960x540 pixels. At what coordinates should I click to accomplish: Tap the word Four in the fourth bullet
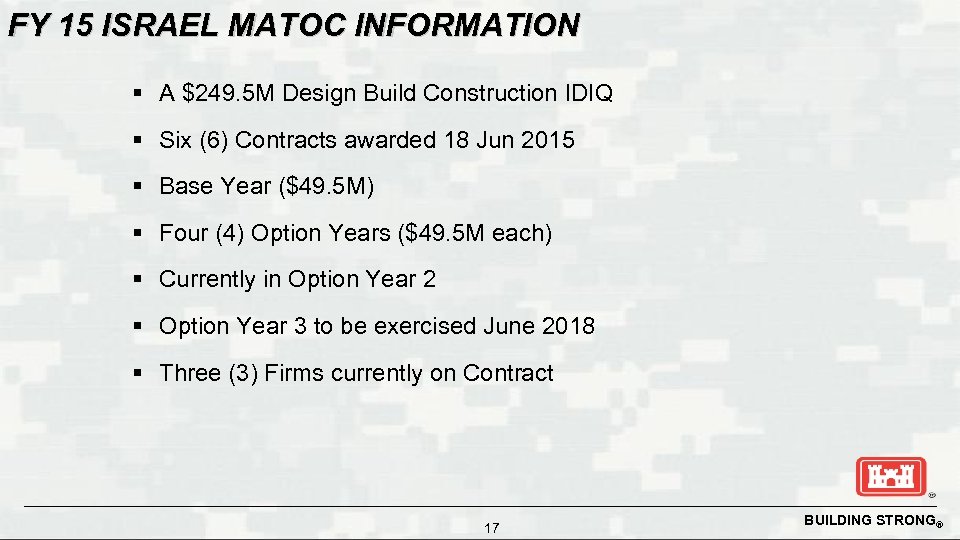point(183,233)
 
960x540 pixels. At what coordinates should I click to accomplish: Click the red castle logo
point(891,476)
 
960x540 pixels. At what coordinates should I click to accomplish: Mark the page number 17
point(491,528)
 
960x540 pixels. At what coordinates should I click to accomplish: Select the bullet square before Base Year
point(139,187)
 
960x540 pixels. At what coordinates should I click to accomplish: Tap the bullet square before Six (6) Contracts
point(139,141)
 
